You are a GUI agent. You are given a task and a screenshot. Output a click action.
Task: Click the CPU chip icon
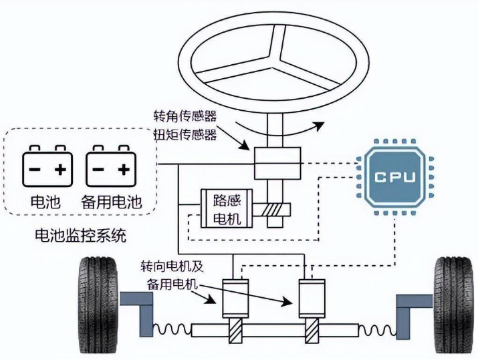click(394, 177)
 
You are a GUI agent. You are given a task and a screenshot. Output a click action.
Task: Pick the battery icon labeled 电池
click(46, 168)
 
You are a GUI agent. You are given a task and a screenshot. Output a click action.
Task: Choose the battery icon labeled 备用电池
click(110, 168)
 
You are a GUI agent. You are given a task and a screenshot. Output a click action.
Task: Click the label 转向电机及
click(172, 265)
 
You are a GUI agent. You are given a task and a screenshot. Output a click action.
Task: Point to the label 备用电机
click(172, 283)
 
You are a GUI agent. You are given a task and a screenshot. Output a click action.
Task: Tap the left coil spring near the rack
click(174, 329)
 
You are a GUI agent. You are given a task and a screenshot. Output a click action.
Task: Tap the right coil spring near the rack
click(376, 329)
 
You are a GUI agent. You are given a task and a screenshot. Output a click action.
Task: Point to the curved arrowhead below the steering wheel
click(320, 125)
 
